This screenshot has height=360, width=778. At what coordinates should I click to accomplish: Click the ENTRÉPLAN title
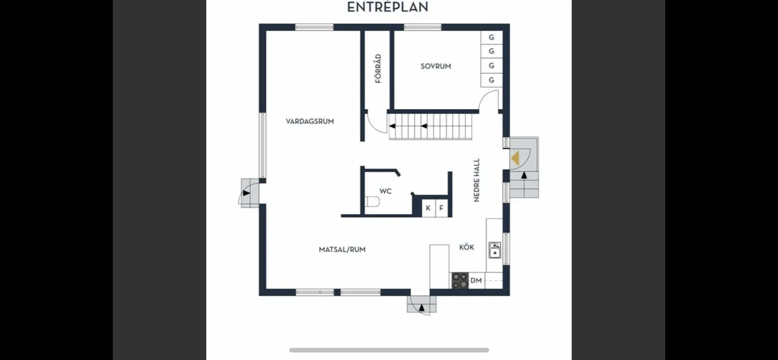point(388,7)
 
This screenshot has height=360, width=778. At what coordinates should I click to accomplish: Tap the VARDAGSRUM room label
point(310,121)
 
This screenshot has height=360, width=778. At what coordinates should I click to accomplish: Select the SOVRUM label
point(436,66)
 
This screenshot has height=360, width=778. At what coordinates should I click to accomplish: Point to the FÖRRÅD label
point(378,68)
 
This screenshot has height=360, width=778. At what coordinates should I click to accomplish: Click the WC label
point(385,191)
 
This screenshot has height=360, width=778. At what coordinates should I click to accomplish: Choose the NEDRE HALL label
point(477,180)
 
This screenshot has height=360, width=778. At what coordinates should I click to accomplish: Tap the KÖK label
point(467,247)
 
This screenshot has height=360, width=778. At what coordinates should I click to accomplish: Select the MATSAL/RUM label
point(342,249)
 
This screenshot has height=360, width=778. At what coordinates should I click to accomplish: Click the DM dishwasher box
point(476,280)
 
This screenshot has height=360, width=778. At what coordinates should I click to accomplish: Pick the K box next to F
point(428,208)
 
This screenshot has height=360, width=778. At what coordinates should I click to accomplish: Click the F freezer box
point(442,208)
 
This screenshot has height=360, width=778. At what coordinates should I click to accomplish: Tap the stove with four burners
point(460,280)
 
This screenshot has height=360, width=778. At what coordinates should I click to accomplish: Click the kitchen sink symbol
point(495,250)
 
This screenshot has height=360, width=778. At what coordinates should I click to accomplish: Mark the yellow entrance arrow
point(515,157)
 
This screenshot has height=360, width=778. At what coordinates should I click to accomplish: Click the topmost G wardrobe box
point(491,38)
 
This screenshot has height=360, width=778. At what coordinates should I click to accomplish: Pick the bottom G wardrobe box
point(491,80)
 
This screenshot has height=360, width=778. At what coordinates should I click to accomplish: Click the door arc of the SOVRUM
point(490,101)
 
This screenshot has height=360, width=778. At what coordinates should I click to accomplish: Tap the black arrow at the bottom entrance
point(422,306)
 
